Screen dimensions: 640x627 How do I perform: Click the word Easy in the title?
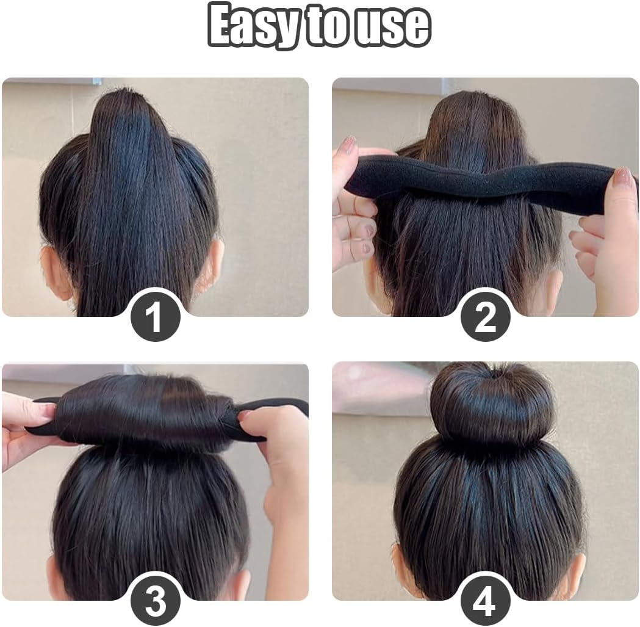(252, 25)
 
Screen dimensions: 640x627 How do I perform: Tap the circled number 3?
(156, 601)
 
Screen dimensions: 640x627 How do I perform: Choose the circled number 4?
(485, 601)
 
